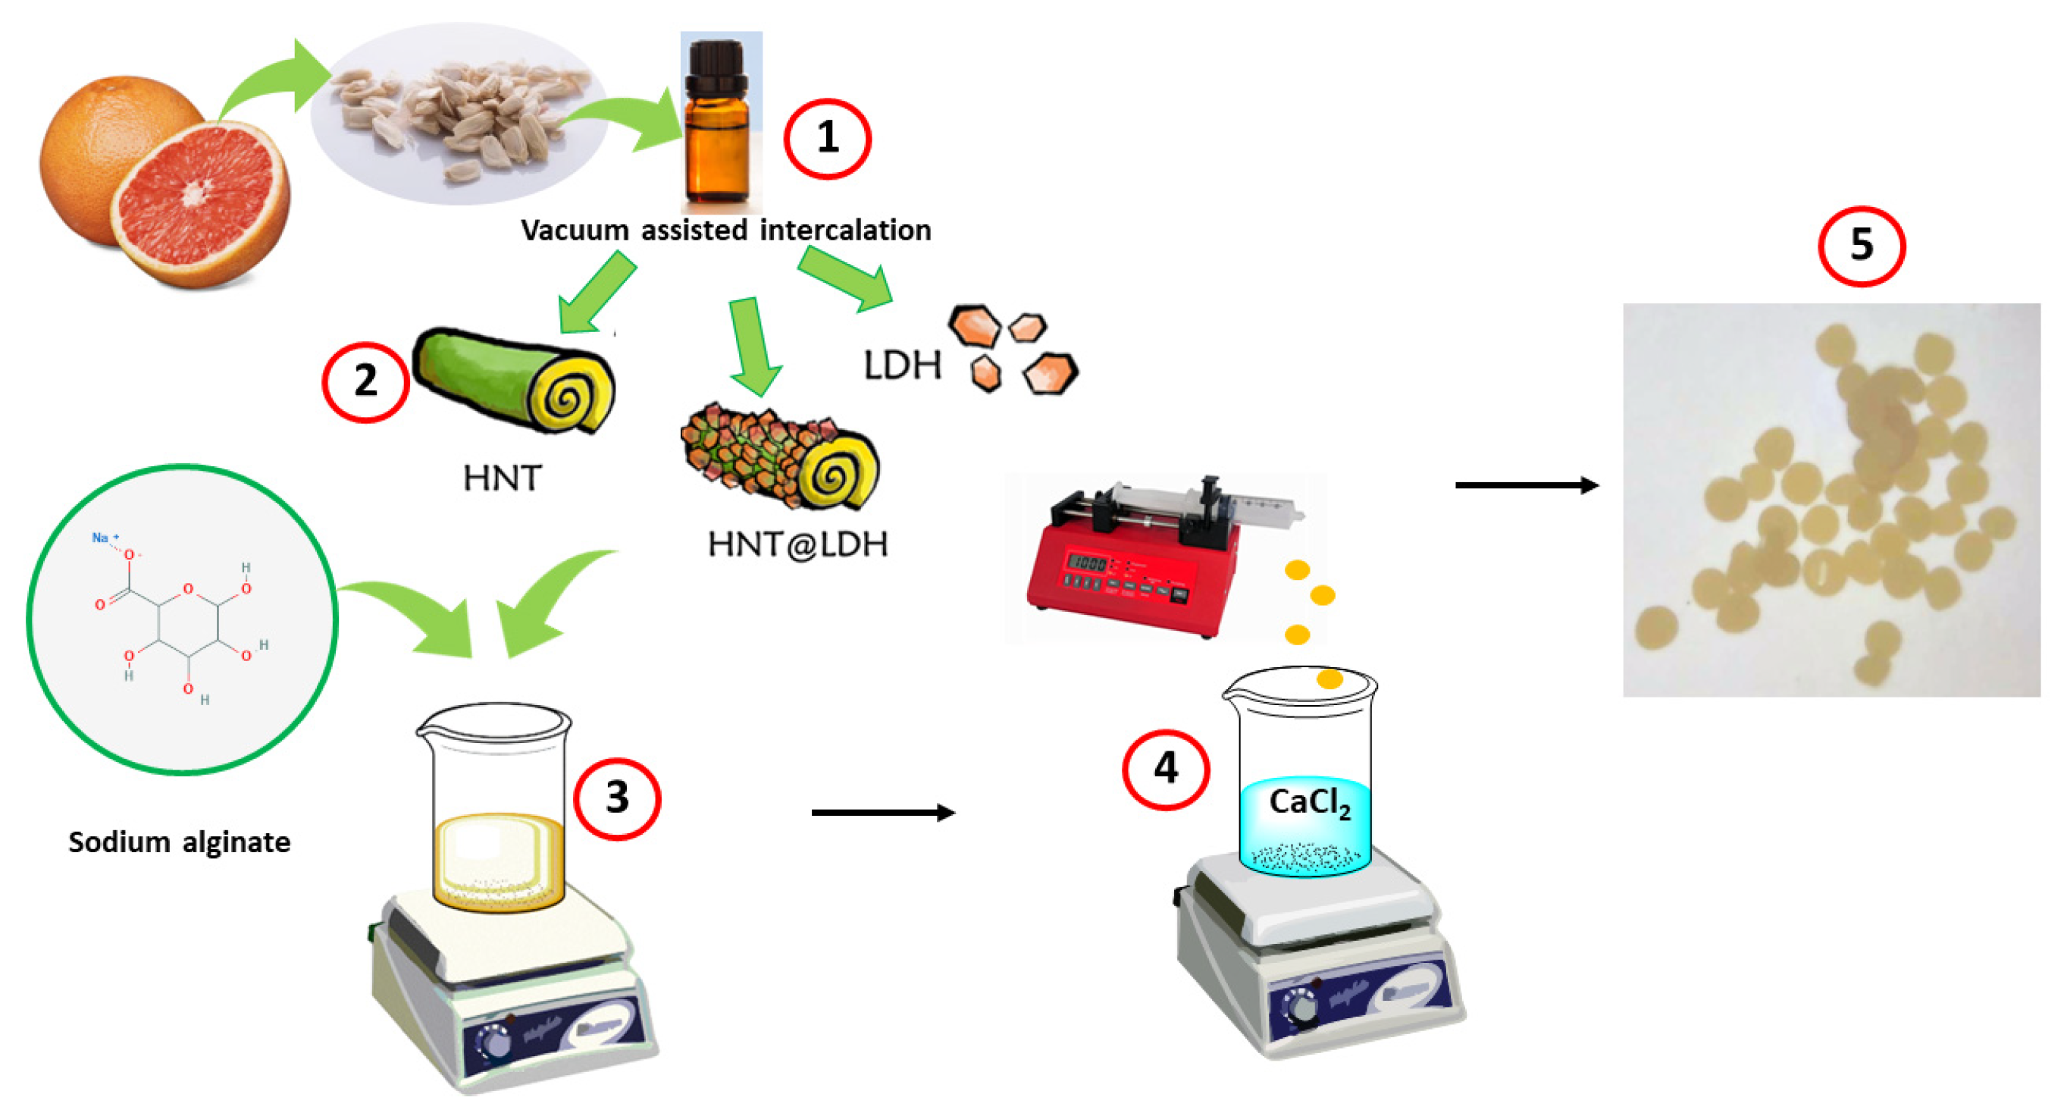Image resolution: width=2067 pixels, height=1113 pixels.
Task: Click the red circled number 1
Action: [x=827, y=138]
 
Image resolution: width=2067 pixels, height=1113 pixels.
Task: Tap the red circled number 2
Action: [x=365, y=381]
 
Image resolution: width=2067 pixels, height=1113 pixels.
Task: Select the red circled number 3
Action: [x=616, y=798]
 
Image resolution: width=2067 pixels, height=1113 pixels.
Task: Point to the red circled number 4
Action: [x=1165, y=769]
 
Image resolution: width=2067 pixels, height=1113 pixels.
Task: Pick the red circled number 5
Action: [x=1861, y=246]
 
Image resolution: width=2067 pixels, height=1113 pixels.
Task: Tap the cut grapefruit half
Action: [x=201, y=201]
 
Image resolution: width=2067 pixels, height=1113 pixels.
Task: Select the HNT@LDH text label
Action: [x=797, y=544]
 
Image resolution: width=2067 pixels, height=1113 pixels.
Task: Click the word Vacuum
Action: [x=575, y=231]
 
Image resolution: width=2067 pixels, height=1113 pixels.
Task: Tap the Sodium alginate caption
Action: [x=179, y=842]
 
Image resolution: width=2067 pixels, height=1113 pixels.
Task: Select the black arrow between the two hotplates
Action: [x=882, y=813]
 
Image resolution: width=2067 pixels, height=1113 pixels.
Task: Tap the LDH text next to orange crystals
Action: [x=902, y=366]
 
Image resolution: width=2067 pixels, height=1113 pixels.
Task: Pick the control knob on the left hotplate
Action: [x=493, y=1043]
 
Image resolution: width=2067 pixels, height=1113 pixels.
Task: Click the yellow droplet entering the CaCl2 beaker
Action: [x=1329, y=679]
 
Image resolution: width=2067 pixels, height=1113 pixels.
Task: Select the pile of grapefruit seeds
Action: [x=462, y=112]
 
